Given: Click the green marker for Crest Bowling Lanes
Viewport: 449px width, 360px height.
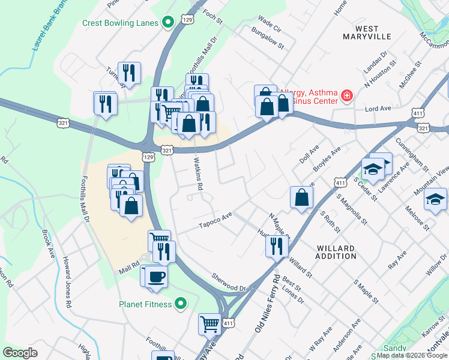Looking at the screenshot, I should point(169,23).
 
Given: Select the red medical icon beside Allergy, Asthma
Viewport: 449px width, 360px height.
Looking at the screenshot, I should point(346,95).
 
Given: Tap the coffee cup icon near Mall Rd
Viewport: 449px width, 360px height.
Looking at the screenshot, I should point(157,277).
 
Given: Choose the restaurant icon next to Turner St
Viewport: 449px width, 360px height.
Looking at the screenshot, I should point(129,73).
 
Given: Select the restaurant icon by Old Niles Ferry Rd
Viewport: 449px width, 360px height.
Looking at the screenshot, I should point(277,245).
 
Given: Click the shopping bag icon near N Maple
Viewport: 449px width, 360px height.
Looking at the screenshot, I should point(301,197).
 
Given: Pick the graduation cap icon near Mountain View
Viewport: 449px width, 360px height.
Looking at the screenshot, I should point(436,199).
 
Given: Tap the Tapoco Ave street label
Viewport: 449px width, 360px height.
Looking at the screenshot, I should point(215,220).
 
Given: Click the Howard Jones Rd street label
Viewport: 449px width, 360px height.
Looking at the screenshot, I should point(67,284).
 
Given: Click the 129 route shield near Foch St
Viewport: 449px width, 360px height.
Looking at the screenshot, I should point(188,20).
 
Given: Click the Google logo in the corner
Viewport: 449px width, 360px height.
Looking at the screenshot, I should point(20,353).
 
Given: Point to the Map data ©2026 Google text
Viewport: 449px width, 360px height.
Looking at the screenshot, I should point(411,355).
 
